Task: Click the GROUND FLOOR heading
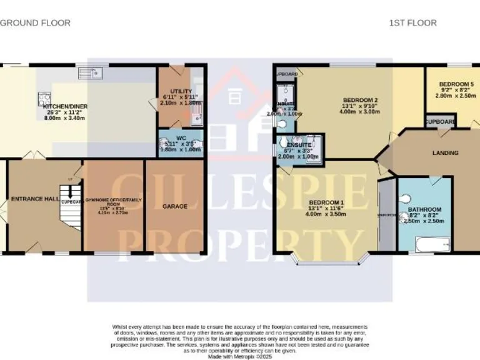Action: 35,23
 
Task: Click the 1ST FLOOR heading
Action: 412,23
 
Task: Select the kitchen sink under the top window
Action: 91,74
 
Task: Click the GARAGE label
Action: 175,206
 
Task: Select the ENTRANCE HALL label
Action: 35,199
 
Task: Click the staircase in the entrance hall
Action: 70,206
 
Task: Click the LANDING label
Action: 445,153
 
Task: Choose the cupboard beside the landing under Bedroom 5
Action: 439,121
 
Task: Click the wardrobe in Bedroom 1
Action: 386,216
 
